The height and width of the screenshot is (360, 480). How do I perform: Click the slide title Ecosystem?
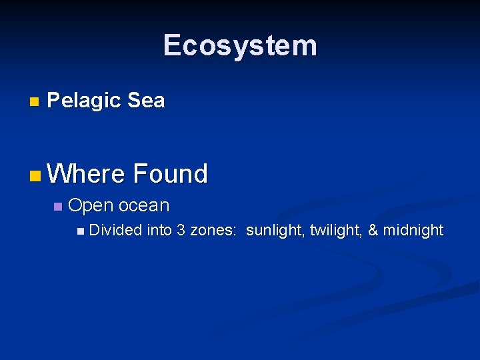(x=240, y=45)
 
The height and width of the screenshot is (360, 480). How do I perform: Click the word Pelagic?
(x=84, y=101)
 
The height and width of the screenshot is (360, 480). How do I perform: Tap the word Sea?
(x=145, y=101)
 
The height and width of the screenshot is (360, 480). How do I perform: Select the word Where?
(x=86, y=174)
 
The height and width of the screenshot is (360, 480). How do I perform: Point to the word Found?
(x=170, y=174)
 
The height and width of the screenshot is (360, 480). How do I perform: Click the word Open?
(x=91, y=206)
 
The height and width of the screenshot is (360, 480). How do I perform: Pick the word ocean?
(x=144, y=205)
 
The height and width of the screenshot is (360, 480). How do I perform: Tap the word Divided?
(x=115, y=230)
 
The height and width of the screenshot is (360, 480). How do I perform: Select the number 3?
(x=181, y=230)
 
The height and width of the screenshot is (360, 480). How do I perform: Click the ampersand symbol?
(x=373, y=230)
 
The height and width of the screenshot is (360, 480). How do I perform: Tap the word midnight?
(x=414, y=231)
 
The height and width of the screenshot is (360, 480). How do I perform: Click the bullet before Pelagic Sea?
(x=35, y=102)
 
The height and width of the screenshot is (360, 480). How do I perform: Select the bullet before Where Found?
(x=35, y=176)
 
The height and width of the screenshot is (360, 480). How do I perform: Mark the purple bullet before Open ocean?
(x=57, y=207)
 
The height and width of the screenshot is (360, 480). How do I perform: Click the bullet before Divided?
(x=81, y=231)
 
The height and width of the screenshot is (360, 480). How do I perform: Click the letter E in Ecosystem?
(x=172, y=45)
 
